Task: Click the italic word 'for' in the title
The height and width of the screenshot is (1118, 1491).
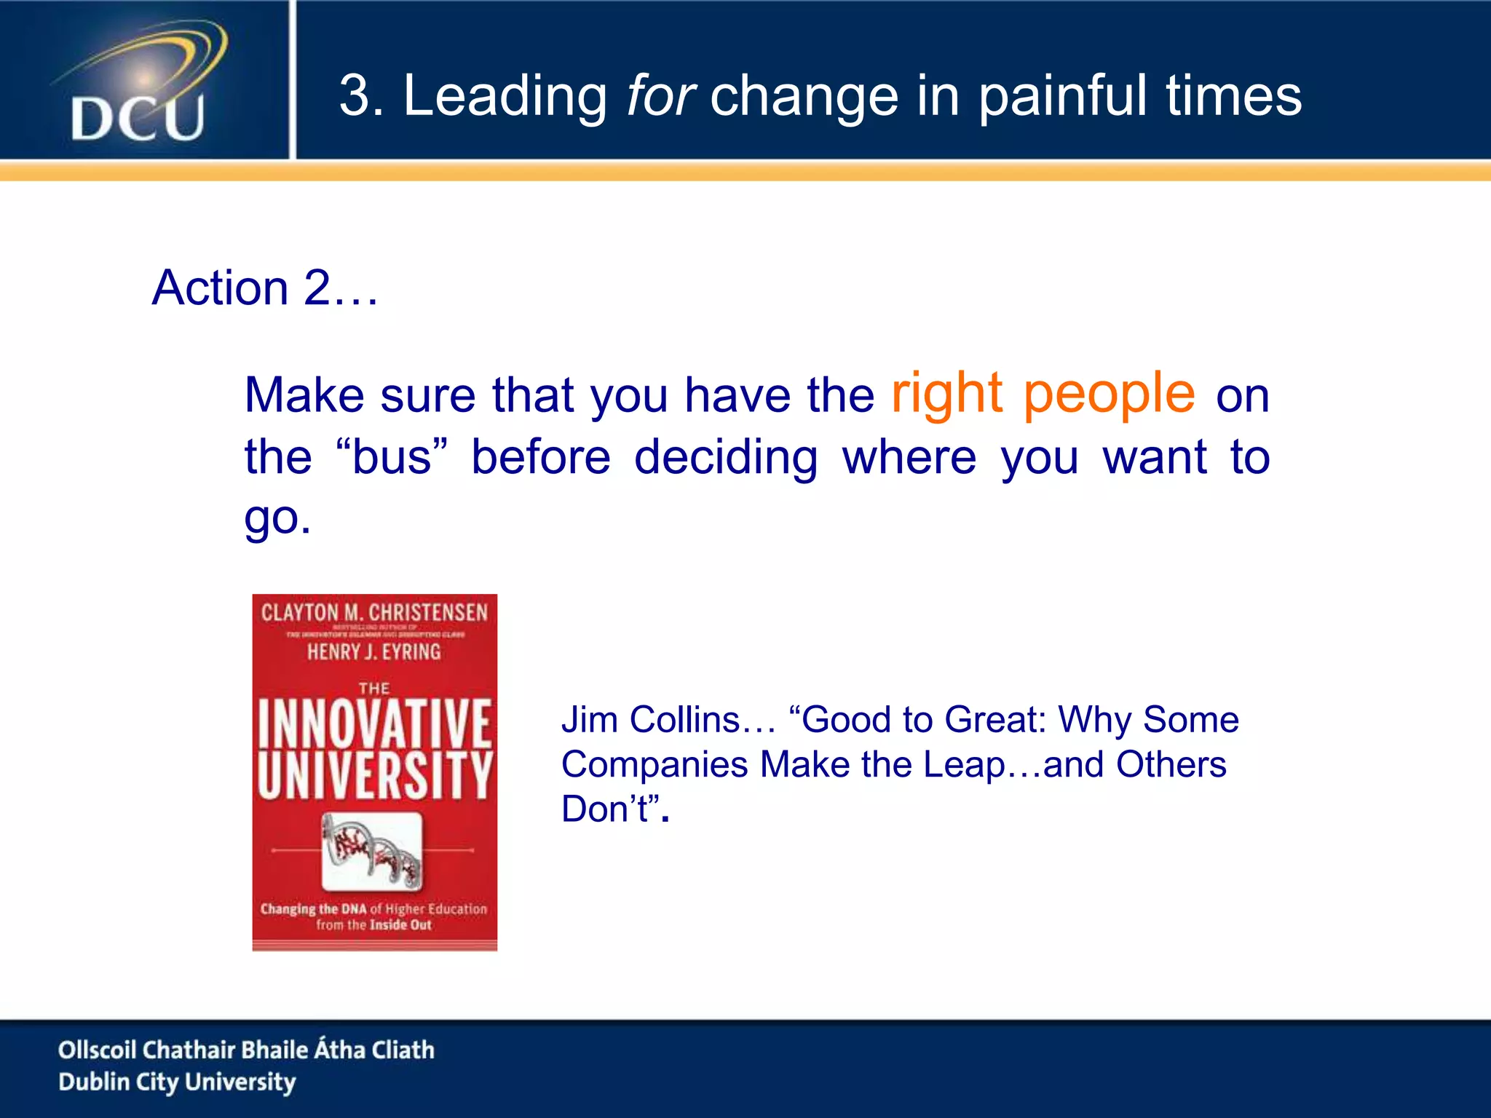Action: [660, 96]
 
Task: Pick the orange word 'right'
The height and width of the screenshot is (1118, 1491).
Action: [947, 394]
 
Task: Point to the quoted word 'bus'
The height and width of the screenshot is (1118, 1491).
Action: [392, 458]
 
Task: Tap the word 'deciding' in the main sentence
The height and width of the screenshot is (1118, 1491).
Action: [726, 458]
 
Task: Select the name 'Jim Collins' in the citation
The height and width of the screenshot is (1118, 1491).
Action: [650, 720]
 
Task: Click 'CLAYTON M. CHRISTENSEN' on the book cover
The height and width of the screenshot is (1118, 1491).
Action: [374, 613]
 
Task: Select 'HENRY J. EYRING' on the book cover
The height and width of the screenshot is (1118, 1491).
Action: [374, 651]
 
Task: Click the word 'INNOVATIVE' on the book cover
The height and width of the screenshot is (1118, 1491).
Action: [374, 723]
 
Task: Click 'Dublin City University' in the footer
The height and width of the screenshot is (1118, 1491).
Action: [177, 1082]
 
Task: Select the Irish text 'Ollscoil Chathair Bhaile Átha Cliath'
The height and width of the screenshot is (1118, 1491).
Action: [246, 1050]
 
